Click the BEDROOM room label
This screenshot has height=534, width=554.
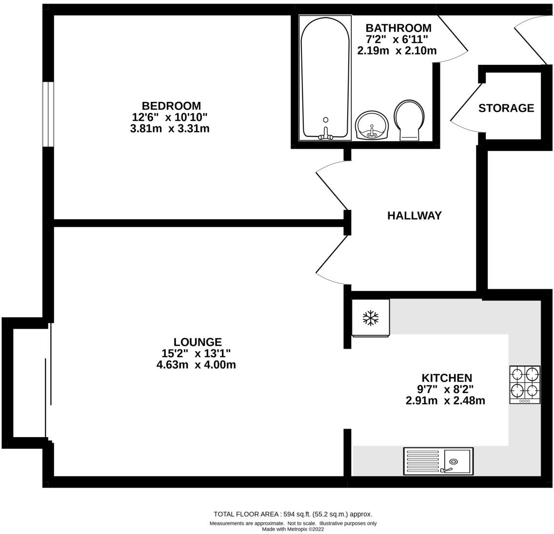click(171, 106)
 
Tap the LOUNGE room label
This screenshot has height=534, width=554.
click(198, 342)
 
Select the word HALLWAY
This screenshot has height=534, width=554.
click(415, 215)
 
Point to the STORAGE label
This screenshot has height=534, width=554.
click(506, 108)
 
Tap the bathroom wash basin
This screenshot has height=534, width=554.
click(372, 125)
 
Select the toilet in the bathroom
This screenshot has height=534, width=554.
click(409, 120)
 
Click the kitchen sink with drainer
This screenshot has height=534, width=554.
click(438, 461)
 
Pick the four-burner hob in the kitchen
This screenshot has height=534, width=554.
click(525, 384)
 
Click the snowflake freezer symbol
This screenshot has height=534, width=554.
click(371, 318)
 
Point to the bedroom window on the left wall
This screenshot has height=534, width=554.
click(47, 114)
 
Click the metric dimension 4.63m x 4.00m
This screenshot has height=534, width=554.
click(196, 364)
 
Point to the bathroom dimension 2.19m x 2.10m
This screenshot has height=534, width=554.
click(397, 50)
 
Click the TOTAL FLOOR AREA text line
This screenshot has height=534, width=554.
click(293, 514)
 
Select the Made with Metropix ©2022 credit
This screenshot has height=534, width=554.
click(293, 529)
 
